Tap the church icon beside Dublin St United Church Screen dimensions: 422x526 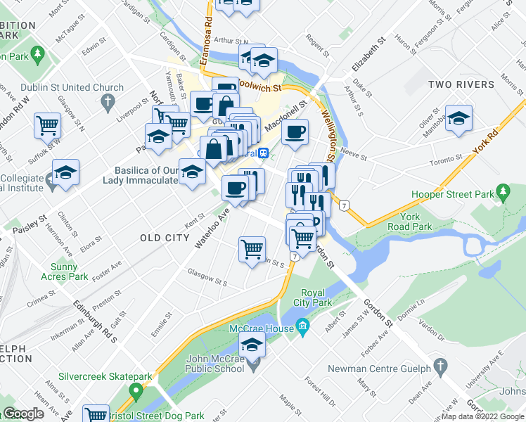[x=108, y=103]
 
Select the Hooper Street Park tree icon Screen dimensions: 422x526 [x=503, y=191]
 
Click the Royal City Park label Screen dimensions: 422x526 [x=316, y=298]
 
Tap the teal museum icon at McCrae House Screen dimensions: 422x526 [x=303, y=326]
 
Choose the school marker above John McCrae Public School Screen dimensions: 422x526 [x=252, y=345]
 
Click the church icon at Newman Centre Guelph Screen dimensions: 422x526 [x=440, y=366]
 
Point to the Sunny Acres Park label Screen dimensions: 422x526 [x=69, y=271]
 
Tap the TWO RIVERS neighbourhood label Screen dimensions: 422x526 [x=461, y=85]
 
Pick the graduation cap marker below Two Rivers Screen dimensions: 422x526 [x=459, y=119]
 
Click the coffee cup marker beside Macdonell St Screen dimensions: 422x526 [x=296, y=131]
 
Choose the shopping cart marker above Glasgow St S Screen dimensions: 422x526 [x=252, y=249]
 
